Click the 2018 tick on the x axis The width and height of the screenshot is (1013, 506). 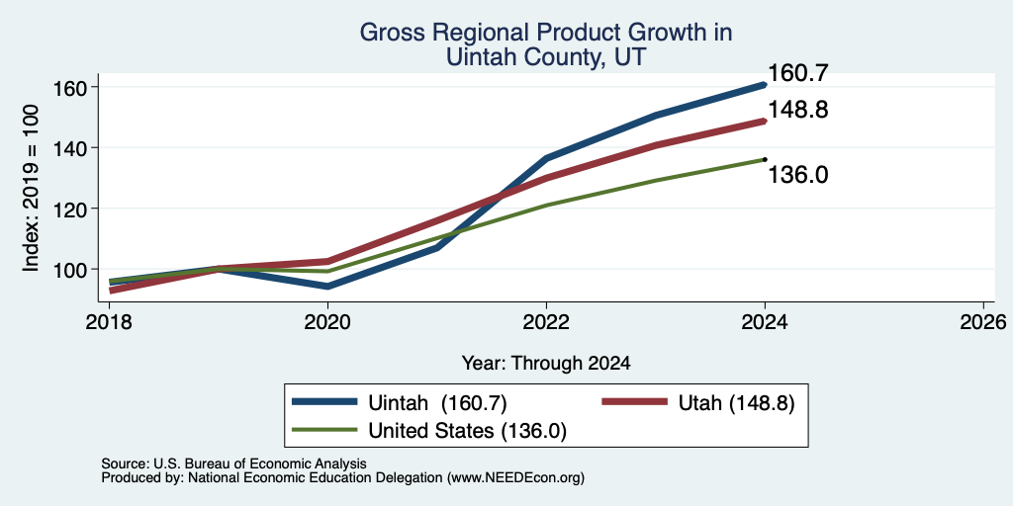[109, 321]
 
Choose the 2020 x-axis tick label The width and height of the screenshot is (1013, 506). [327, 321]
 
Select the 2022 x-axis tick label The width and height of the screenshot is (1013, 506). [546, 321]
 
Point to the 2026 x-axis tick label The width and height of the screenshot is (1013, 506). [984, 321]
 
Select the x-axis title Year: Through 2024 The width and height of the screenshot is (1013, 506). [546, 364]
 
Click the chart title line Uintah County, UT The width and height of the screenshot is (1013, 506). [546, 58]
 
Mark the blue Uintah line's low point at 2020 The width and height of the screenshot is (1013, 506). [327, 286]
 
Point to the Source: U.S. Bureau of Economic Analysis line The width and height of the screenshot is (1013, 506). [233, 464]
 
